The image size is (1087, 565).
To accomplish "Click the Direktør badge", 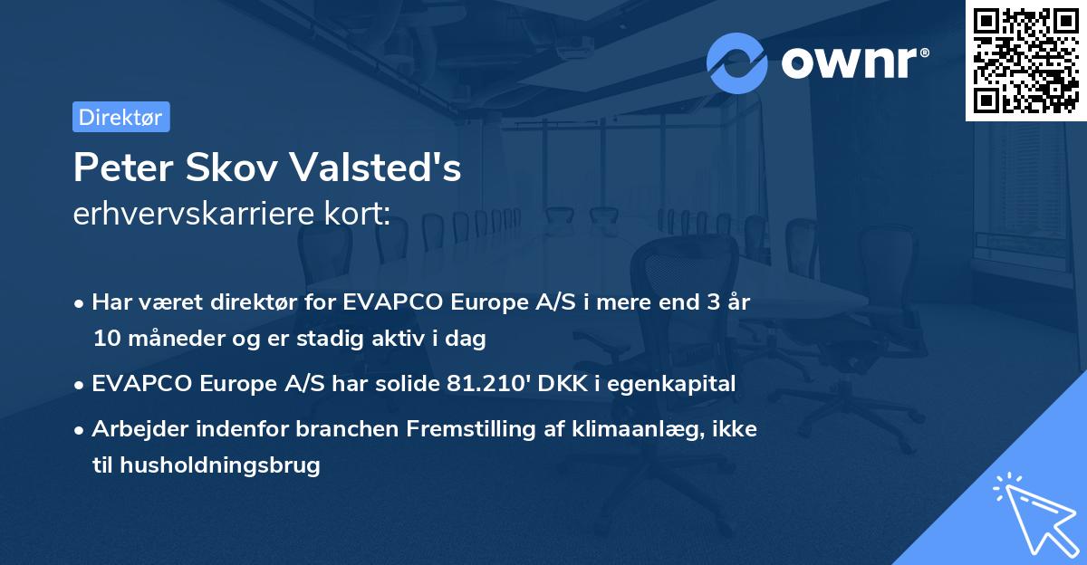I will coord(120,117).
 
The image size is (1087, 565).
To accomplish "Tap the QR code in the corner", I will coord(1026,60).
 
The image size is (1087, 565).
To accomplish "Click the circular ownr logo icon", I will coord(736,62).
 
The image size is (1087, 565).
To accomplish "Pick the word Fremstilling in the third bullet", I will coord(500,429).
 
